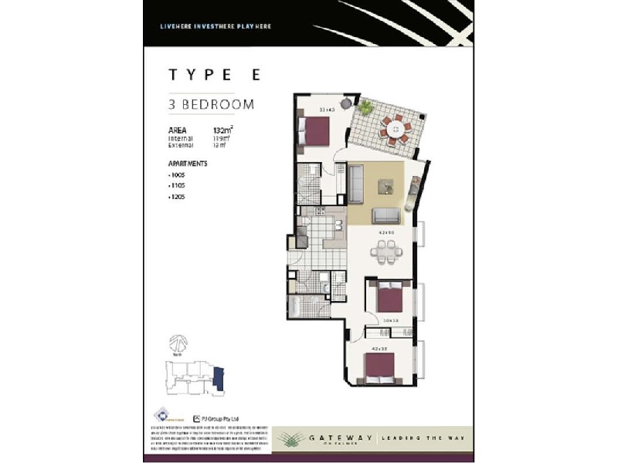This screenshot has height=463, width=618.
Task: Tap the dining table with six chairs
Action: [384, 249]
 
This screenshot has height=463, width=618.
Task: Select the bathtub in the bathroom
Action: [300, 306]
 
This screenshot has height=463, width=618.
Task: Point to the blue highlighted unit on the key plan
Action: [219, 377]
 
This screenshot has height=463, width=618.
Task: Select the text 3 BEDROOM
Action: [211, 104]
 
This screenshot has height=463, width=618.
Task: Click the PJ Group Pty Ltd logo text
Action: [222, 417]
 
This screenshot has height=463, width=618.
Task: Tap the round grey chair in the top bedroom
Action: [346, 103]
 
